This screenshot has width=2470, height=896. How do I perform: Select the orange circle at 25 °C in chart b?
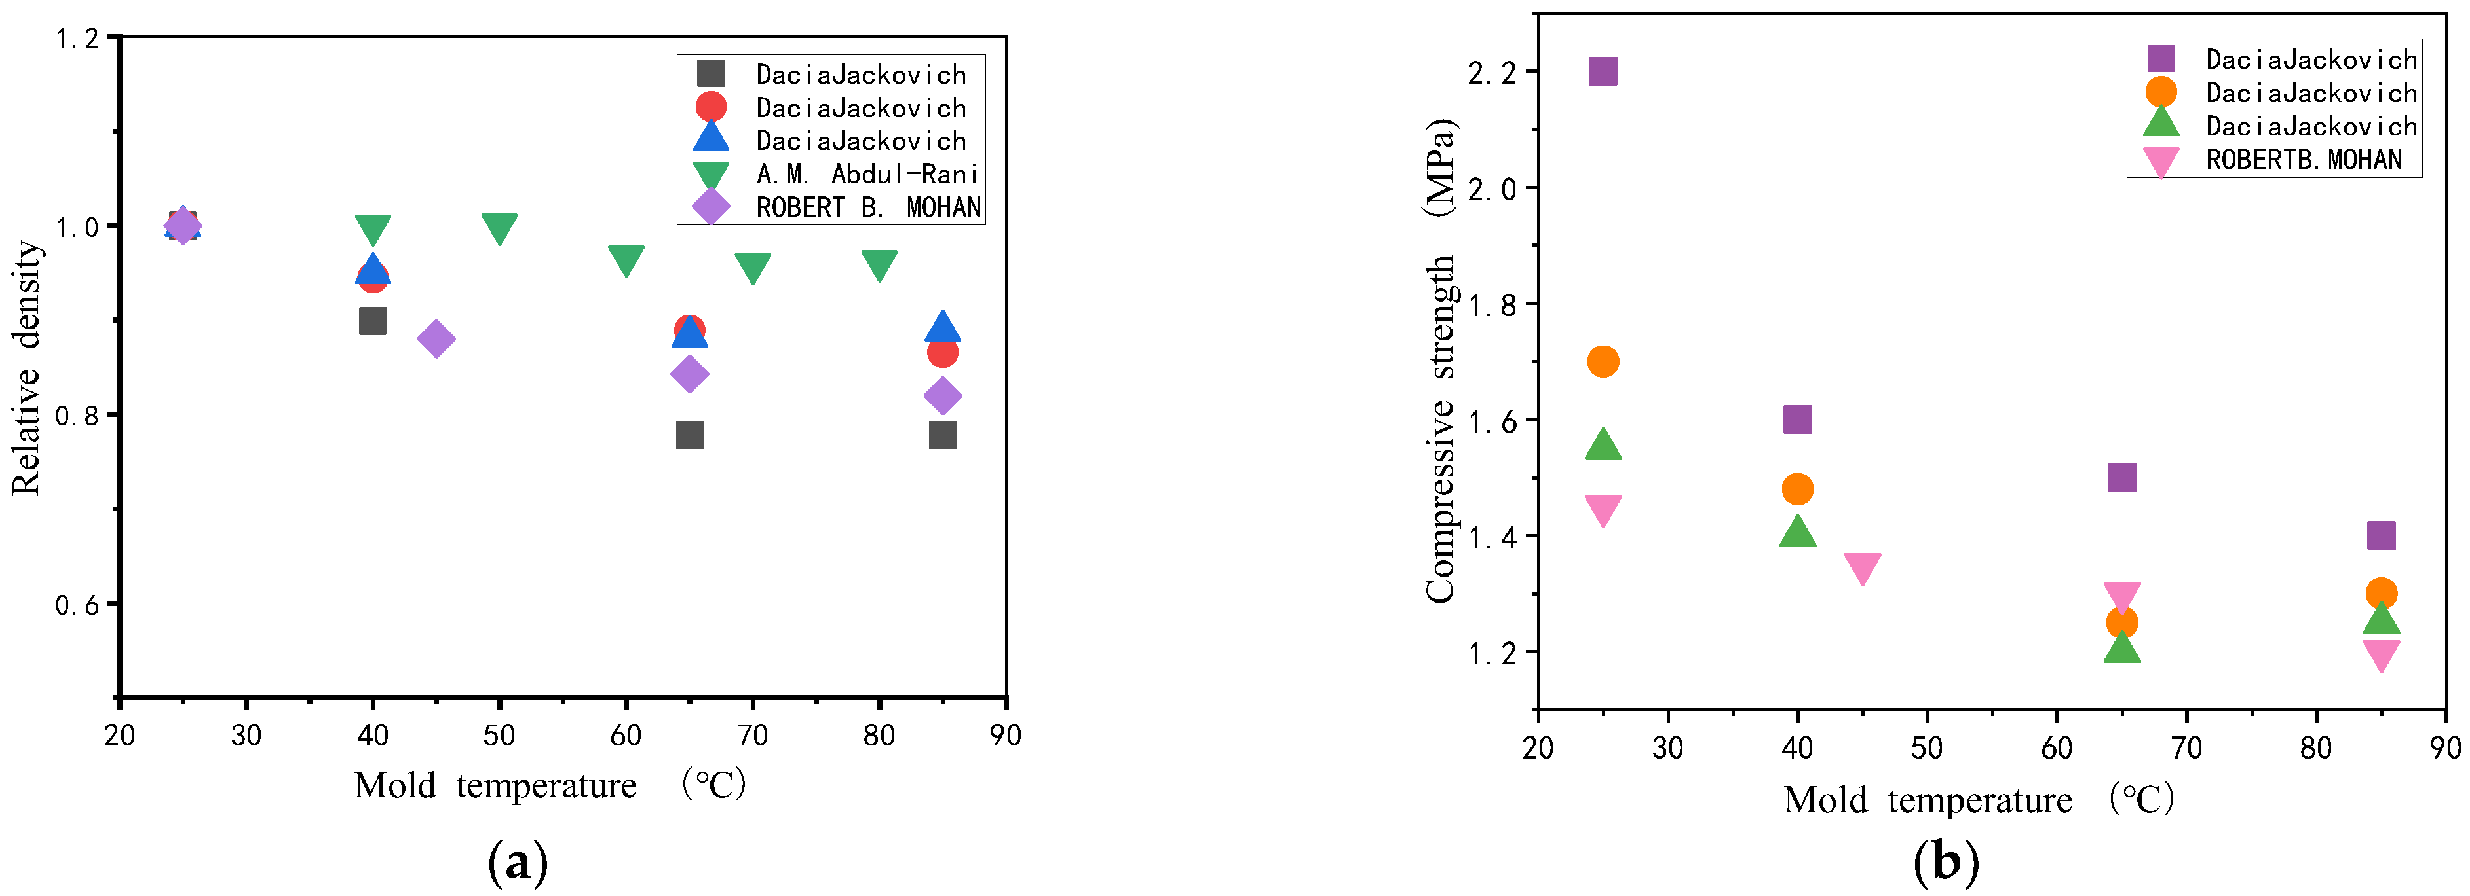pyautogui.click(x=1603, y=362)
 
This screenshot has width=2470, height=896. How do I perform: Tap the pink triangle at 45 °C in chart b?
pyautogui.click(x=1862, y=568)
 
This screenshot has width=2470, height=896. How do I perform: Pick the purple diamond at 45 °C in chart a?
pyautogui.click(x=436, y=338)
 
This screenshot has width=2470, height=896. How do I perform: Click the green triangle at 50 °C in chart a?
pyautogui.click(x=499, y=228)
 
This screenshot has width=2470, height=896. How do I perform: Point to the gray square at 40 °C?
pyautogui.click(x=373, y=321)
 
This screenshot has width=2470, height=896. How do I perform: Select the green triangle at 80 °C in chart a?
pyautogui.click(x=879, y=264)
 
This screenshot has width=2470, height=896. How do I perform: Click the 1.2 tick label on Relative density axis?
pyautogui.click(x=78, y=39)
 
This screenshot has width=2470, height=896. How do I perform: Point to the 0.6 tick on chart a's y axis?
pyautogui.click(x=78, y=605)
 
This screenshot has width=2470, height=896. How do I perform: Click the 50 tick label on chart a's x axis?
pyautogui.click(x=499, y=735)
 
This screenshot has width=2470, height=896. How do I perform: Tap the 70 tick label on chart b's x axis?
pyautogui.click(x=2186, y=747)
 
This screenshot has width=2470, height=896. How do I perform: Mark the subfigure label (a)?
pyautogui.click(x=518, y=863)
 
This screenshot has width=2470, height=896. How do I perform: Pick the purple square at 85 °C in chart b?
pyautogui.click(x=2381, y=535)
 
